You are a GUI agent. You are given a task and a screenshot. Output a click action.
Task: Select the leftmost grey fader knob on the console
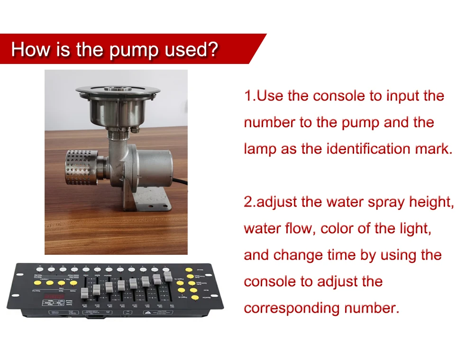[x=85, y=293]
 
